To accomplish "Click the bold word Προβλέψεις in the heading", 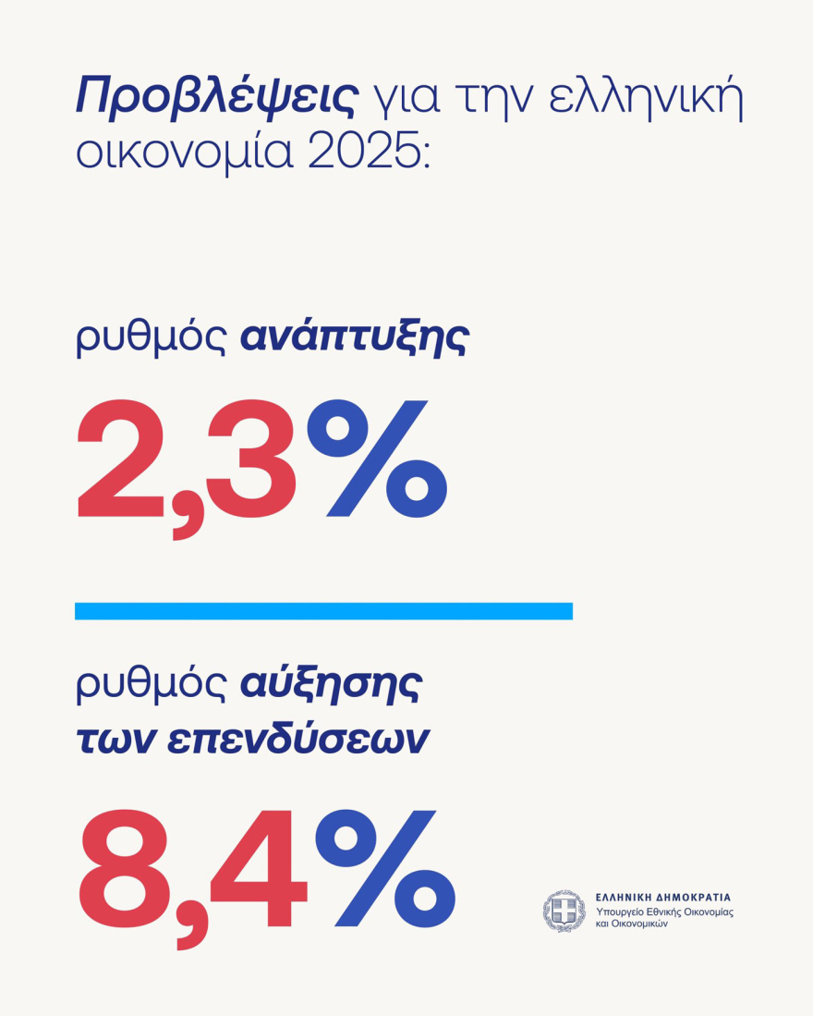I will pyautogui.click(x=215, y=98).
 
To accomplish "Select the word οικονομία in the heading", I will pyautogui.click(x=180, y=152).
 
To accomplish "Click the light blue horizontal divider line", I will pyautogui.click(x=323, y=611).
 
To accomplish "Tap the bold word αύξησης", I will pyautogui.click(x=331, y=685).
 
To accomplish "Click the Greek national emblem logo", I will pyautogui.click(x=564, y=911).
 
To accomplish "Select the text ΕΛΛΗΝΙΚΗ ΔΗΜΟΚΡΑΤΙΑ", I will pyautogui.click(x=662, y=897).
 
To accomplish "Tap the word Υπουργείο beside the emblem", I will pyautogui.click(x=621, y=912).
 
